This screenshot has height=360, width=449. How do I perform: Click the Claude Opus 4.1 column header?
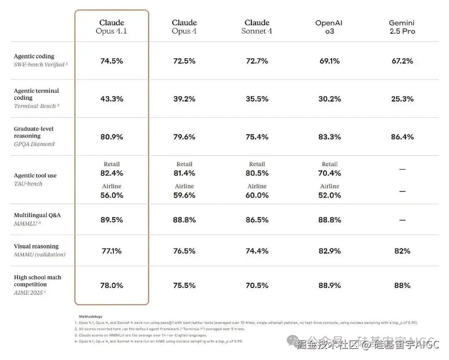(x=111, y=27)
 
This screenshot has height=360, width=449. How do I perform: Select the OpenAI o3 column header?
(x=329, y=27)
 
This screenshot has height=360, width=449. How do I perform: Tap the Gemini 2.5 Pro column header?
(x=402, y=27)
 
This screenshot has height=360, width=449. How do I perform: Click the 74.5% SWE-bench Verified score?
(x=111, y=61)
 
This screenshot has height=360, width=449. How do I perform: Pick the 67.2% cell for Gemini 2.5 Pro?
(x=402, y=61)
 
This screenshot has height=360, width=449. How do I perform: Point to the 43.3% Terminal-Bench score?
(x=111, y=99)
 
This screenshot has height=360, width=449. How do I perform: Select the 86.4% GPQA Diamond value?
(x=402, y=137)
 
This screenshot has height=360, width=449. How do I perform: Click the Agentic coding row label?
(x=34, y=56)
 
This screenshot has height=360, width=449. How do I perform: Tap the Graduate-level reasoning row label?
(x=34, y=132)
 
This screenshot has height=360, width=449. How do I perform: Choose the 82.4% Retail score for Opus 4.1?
(x=111, y=173)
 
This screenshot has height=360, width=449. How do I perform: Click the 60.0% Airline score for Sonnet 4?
(x=257, y=195)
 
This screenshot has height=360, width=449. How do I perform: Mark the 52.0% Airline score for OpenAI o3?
(x=329, y=195)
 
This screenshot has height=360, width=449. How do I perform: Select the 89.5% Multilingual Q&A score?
(x=111, y=220)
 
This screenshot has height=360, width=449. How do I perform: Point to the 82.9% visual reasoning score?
(x=329, y=251)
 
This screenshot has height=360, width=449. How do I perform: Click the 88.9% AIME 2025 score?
(x=329, y=286)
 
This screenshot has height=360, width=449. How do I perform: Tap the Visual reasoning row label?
(x=36, y=246)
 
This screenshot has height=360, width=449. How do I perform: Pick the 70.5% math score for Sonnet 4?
(x=257, y=286)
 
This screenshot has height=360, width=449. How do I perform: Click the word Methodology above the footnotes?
(x=90, y=317)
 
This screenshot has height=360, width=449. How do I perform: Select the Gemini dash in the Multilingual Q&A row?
(x=402, y=220)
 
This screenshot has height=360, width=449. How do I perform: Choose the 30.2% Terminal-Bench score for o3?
(x=329, y=99)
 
